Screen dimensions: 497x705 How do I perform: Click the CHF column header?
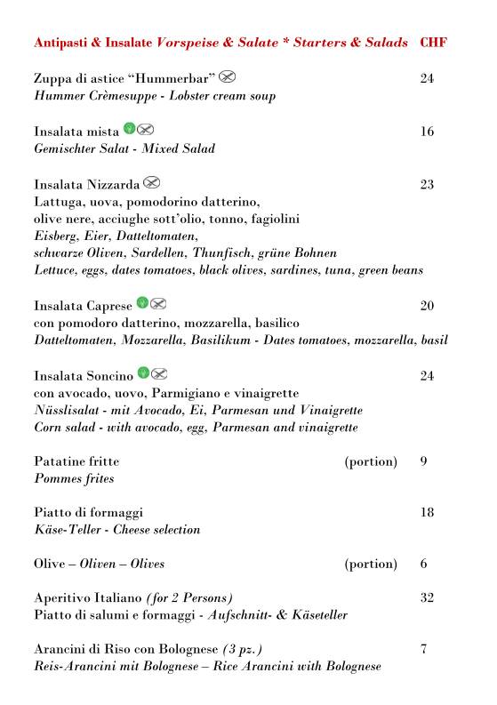[x=433, y=43]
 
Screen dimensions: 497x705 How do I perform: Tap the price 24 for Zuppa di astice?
[x=427, y=79]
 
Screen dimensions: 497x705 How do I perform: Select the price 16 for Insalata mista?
[x=427, y=132]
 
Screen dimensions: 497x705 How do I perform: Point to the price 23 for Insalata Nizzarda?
[x=427, y=185]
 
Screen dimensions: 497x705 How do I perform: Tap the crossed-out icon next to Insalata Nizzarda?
[x=151, y=183]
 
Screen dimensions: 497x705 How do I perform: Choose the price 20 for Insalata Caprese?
[x=427, y=307]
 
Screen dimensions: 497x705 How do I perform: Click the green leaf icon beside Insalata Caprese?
[x=142, y=304]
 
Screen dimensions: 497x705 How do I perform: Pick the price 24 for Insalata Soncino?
[x=427, y=376]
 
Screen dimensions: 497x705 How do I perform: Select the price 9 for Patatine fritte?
[x=423, y=461]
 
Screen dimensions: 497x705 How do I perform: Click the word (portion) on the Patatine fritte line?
[x=371, y=462]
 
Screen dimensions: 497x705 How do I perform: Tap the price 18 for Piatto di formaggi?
[x=427, y=513]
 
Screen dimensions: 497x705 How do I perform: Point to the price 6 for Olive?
[x=423, y=564]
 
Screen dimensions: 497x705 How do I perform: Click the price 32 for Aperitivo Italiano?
[x=427, y=598]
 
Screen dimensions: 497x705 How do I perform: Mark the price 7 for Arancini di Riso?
[x=423, y=649]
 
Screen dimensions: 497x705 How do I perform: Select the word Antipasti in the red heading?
[x=63, y=43]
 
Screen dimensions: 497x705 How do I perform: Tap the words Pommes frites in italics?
[x=74, y=478]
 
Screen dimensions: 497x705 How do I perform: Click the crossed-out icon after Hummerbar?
[x=228, y=76]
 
